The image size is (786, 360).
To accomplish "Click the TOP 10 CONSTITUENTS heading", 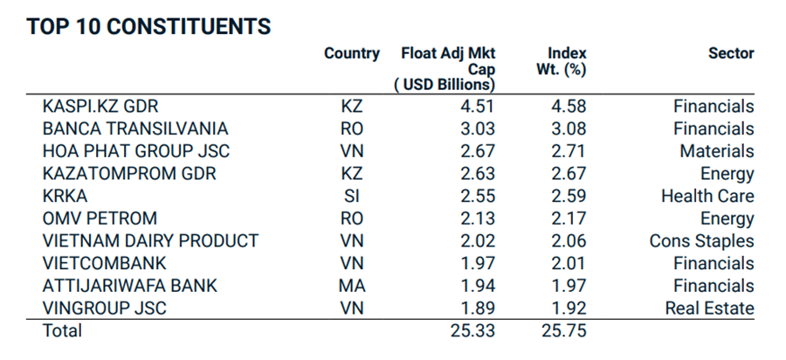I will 148,26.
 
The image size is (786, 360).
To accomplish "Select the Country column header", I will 352,53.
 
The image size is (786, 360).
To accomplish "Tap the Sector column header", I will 731,53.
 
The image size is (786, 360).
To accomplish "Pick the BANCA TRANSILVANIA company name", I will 135,129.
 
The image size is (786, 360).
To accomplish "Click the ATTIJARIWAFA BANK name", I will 130,286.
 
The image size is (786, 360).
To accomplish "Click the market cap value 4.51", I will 478,107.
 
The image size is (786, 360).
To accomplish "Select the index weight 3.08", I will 568,129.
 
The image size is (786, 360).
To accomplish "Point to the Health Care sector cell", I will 707,196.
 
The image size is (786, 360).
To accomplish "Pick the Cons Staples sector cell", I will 701,241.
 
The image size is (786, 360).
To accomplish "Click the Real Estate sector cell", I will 709,308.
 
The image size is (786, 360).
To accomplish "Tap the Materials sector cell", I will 716,151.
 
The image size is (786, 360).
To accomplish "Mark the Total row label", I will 62,331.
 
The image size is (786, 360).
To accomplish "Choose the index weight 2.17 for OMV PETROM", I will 568,218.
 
